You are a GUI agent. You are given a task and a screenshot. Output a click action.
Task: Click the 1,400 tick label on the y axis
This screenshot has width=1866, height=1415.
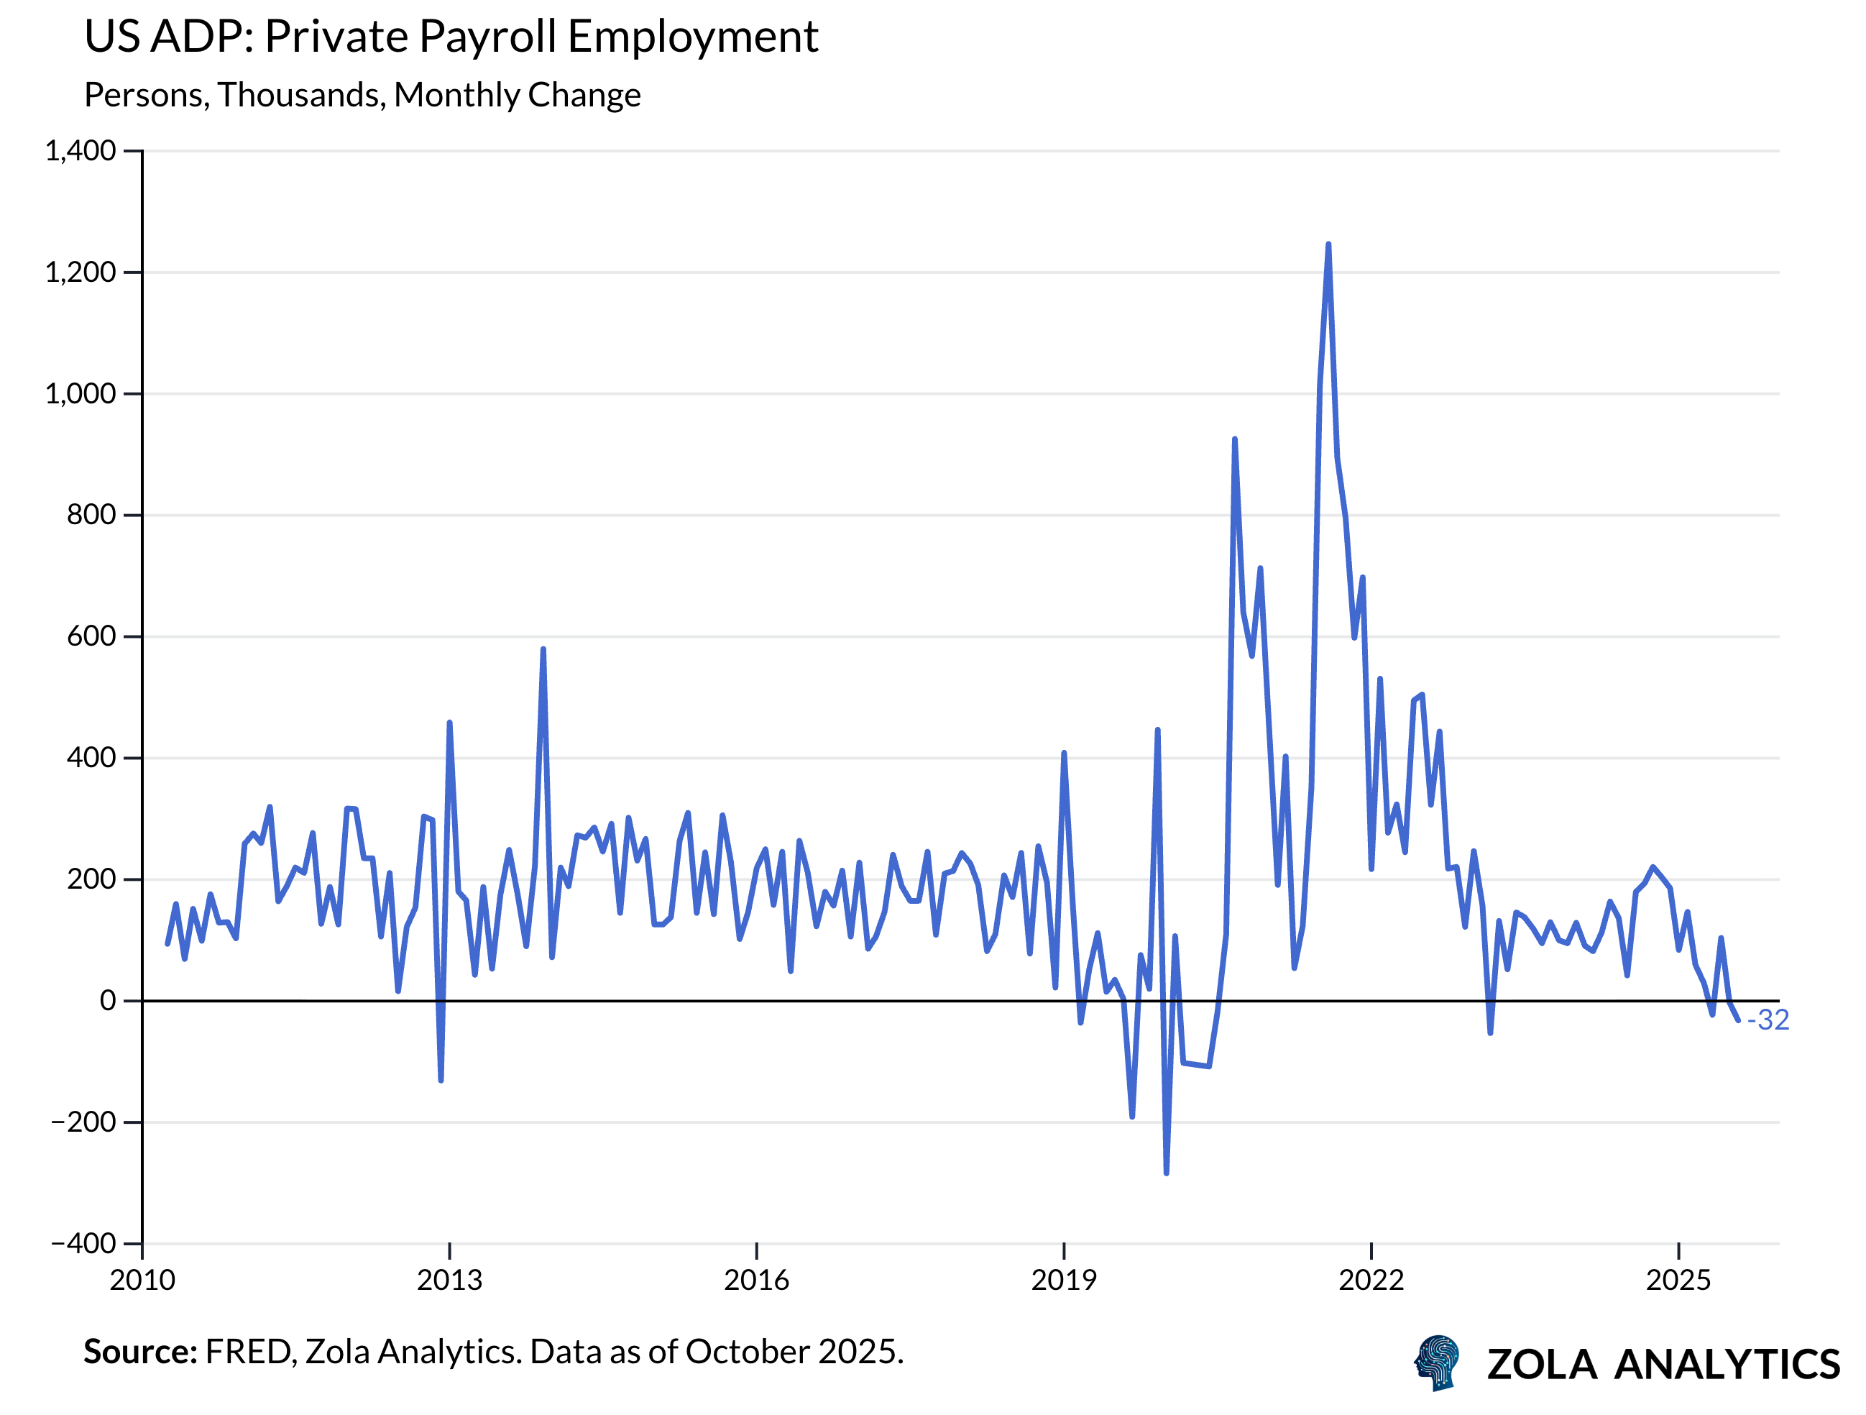(x=80, y=151)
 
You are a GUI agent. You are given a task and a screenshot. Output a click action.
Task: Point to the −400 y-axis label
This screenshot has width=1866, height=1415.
(x=83, y=1244)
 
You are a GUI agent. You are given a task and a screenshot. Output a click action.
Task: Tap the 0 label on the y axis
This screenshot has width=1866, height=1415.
(x=107, y=1001)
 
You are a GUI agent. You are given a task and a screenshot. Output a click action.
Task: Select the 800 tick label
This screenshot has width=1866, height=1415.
(x=91, y=515)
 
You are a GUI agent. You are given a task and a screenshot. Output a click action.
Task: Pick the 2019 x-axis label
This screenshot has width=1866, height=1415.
(x=1064, y=1281)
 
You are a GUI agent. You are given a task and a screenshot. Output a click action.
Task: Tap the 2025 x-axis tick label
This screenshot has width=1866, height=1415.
(x=1678, y=1281)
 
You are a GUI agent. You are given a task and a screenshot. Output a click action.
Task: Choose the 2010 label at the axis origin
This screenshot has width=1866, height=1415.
(x=142, y=1281)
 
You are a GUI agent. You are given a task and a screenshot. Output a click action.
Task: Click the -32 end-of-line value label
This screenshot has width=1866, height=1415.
(x=1768, y=1020)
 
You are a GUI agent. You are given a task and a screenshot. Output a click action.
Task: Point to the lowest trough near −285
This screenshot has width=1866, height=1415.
(x=1166, y=1172)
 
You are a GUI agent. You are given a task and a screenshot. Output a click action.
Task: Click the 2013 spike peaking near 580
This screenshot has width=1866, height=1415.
(x=543, y=650)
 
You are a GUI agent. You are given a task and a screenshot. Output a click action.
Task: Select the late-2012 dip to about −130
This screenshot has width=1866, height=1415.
(x=441, y=1079)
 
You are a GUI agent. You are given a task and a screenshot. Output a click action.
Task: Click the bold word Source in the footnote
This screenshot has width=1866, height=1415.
(x=139, y=1352)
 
